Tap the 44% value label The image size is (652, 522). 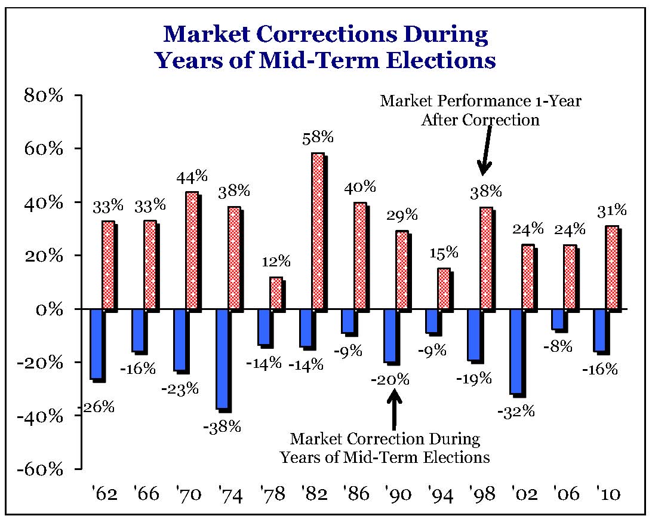(192, 176)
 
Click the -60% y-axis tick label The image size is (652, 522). (40, 469)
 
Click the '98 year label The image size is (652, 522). (484, 495)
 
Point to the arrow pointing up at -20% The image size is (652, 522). (394, 409)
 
